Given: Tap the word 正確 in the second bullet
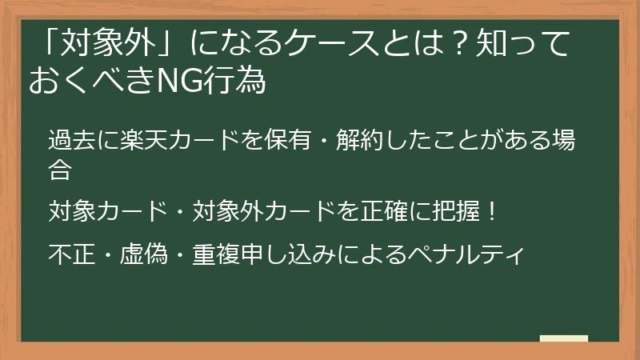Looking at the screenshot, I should point(368,212).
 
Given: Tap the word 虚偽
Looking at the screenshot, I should point(142,255).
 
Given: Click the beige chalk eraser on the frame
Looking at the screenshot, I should point(563,338).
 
